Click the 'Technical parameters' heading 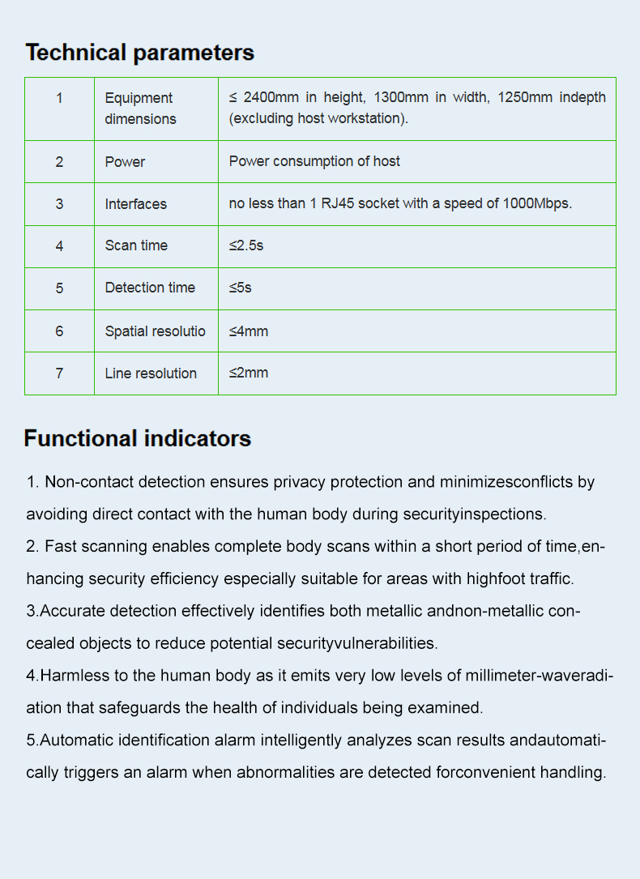pyautogui.click(x=139, y=53)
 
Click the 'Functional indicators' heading pyautogui.click(x=137, y=439)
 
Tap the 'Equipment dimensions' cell pyautogui.click(x=139, y=109)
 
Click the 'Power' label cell pyautogui.click(x=125, y=162)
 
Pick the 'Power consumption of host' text pyautogui.click(x=314, y=161)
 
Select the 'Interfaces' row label pyautogui.click(x=135, y=204)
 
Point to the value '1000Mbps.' pyautogui.click(x=537, y=203)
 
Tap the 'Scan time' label pyautogui.click(x=136, y=245)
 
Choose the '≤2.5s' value pyautogui.click(x=246, y=245)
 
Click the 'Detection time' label pyautogui.click(x=150, y=288)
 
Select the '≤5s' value pyautogui.click(x=241, y=288)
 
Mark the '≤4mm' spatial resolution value pyautogui.click(x=249, y=331)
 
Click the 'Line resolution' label pyautogui.click(x=151, y=373)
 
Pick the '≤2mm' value pyautogui.click(x=249, y=373)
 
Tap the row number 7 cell pyautogui.click(x=59, y=373)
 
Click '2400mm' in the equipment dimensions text pyautogui.click(x=271, y=97)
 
